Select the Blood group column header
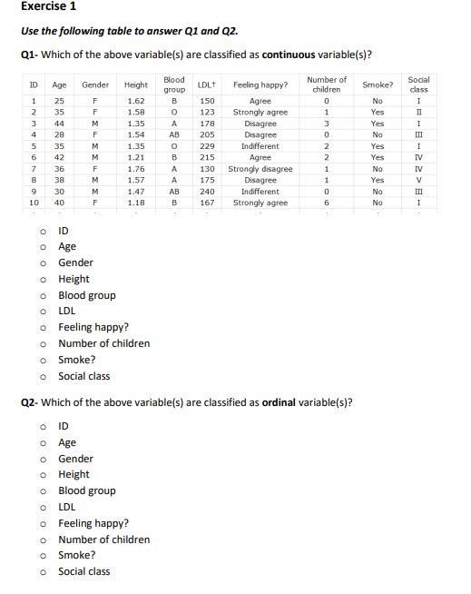pyautogui.click(x=174, y=84)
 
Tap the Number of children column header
pyautogui.click(x=327, y=84)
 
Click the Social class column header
pyautogui.click(x=418, y=84)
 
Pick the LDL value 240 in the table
pyautogui.click(x=207, y=192)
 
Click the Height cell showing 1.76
pyautogui.click(x=136, y=169)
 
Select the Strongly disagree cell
pyautogui.click(x=260, y=169)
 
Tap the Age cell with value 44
pyautogui.click(x=59, y=124)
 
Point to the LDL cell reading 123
pyautogui.click(x=207, y=113)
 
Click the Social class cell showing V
pyautogui.click(x=418, y=180)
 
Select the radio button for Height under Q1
pyautogui.click(x=43, y=280)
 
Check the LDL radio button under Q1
pyautogui.click(x=43, y=312)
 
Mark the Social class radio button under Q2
pyautogui.click(x=43, y=572)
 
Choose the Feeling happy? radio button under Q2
pyautogui.click(x=43, y=524)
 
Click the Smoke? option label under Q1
pyautogui.click(x=77, y=360)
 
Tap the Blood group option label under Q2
pyautogui.click(x=87, y=491)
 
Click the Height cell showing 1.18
pyautogui.click(x=136, y=203)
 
